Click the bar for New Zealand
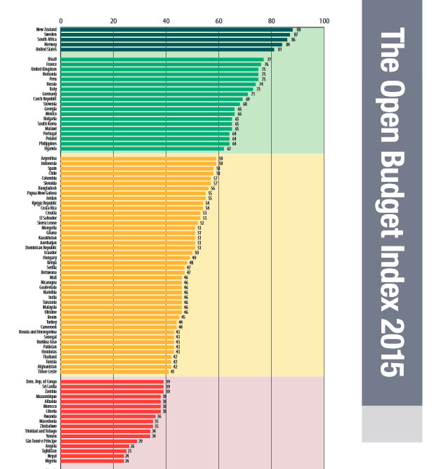click(x=176, y=29)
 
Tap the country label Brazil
click(x=51, y=59)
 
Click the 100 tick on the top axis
click(x=324, y=20)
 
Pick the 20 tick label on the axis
click(x=113, y=20)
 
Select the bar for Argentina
click(x=138, y=159)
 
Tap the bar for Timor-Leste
click(x=114, y=371)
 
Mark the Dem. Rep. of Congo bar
click(x=112, y=382)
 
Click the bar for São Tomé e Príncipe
click(x=99, y=441)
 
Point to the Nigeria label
click(x=51, y=461)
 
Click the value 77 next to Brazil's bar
click(x=269, y=60)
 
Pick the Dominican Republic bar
click(x=128, y=247)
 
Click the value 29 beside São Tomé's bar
click(x=141, y=441)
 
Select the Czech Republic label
click(x=44, y=99)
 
